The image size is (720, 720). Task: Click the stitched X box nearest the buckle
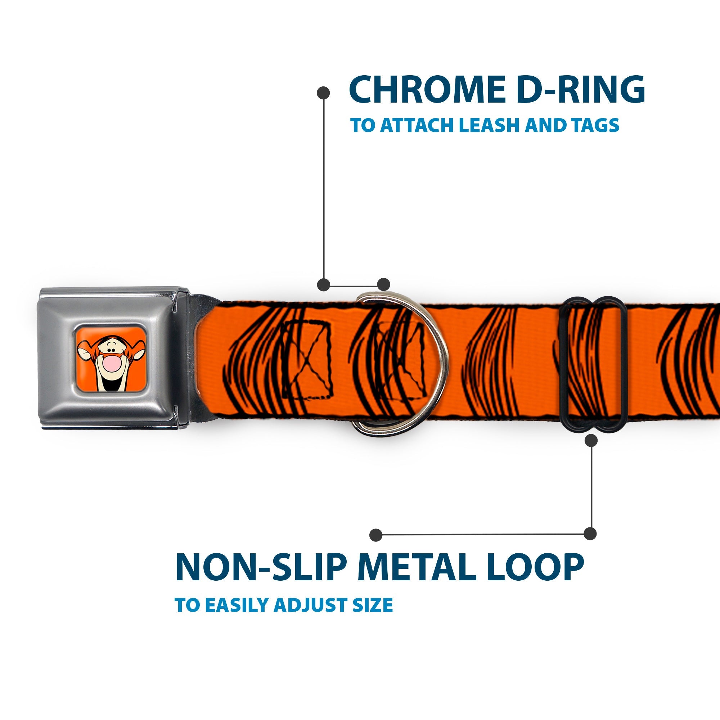[306, 360]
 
